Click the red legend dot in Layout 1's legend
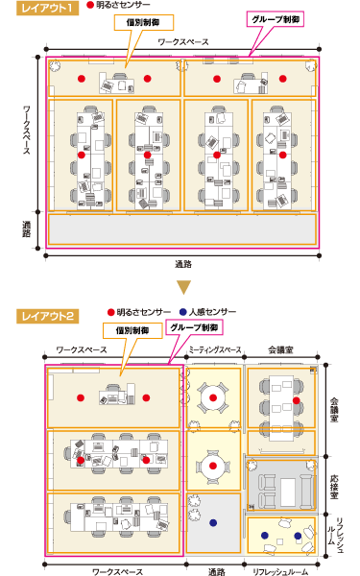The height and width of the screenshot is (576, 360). click(x=91, y=7)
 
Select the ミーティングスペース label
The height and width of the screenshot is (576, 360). click(x=215, y=351)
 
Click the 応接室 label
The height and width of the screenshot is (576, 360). click(x=335, y=473)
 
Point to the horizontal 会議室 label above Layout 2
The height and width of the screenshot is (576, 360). click(x=280, y=351)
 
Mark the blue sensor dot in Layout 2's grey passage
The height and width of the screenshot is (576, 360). click(x=211, y=523)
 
